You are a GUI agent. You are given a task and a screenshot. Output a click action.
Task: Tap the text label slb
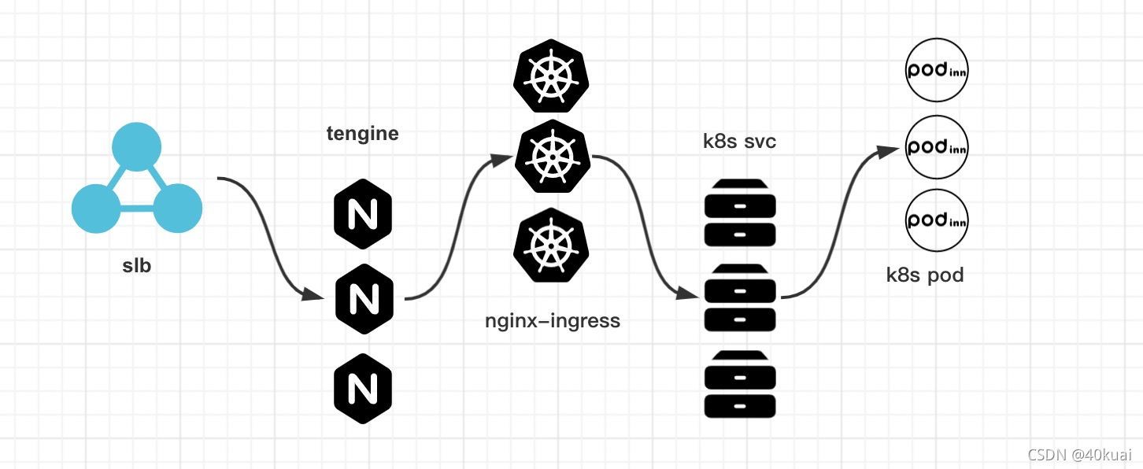click(137, 266)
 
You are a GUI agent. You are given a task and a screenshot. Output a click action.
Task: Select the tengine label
click(363, 134)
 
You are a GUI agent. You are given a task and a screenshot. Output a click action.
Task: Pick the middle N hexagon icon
click(363, 298)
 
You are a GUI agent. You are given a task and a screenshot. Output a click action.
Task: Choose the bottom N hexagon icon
click(363, 388)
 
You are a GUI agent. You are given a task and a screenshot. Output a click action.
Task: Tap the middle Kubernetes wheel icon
click(552, 158)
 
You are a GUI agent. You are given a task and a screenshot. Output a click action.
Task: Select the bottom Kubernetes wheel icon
click(552, 244)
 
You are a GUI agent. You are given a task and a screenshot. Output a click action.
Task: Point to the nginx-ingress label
click(553, 321)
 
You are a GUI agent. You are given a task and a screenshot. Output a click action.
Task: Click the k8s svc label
click(740, 142)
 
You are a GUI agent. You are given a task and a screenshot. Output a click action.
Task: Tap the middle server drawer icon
click(740, 297)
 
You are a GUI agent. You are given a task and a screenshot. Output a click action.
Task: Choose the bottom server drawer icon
click(740, 384)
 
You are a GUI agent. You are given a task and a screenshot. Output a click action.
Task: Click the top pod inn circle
click(937, 70)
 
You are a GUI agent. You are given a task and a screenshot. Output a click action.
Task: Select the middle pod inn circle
click(937, 147)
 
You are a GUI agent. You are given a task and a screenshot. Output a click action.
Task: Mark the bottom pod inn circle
click(937, 220)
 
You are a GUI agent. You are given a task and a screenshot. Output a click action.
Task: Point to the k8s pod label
click(925, 275)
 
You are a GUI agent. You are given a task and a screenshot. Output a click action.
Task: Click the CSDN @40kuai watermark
click(1079, 454)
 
